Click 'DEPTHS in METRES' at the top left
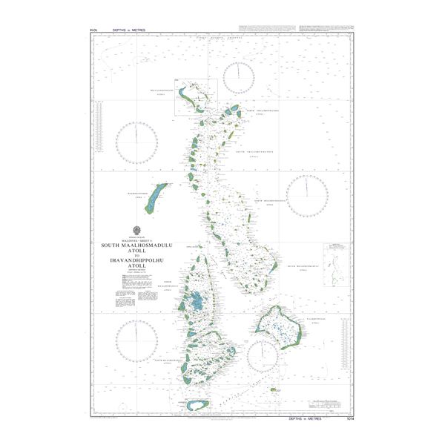[x=130, y=30]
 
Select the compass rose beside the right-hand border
[x=307, y=195]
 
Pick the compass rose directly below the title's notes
[x=136, y=342]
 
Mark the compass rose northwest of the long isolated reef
[x=138, y=143]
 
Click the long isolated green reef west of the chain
[x=155, y=200]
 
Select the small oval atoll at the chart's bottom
[x=194, y=405]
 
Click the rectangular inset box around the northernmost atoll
[x=196, y=97]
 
